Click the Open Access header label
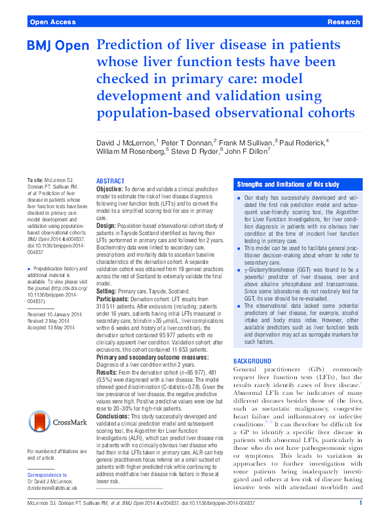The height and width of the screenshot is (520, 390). pyautogui.click(x=52, y=22)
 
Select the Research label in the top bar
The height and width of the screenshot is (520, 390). pyautogui.click(x=344, y=22)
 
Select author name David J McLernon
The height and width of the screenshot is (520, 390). pyautogui.click(x=125, y=142)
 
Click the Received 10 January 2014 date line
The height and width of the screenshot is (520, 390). pyautogui.click(x=55, y=315)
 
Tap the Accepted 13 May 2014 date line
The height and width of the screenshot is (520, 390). pyautogui.click(x=52, y=329)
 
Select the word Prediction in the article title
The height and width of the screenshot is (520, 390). pyautogui.click(x=127, y=46)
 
